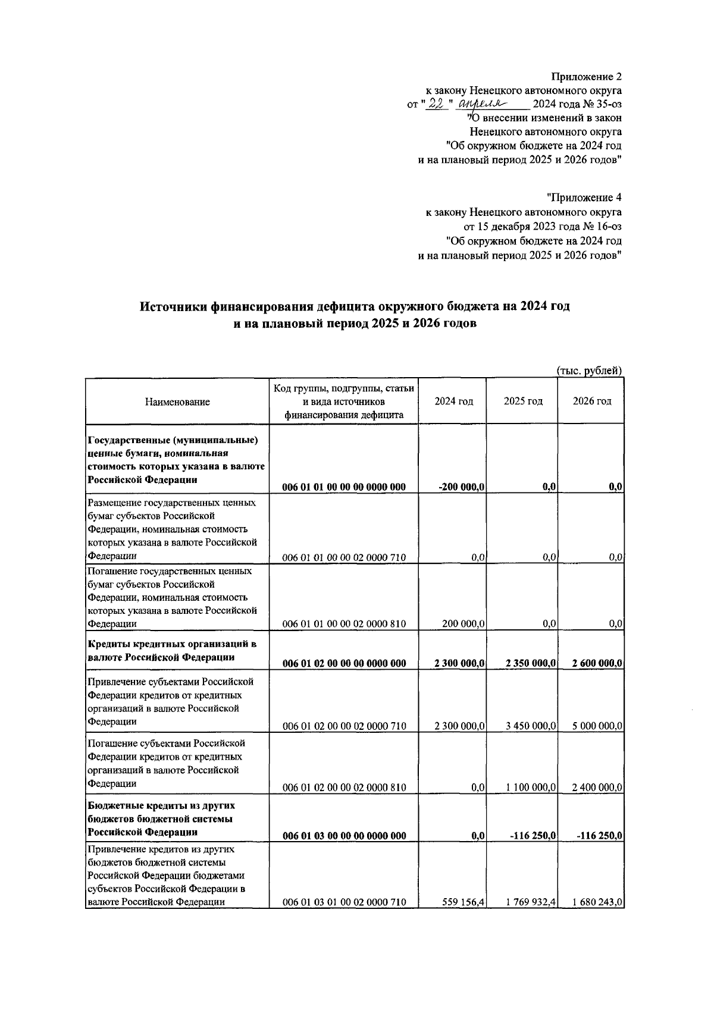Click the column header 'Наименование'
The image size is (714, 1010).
[x=177, y=402]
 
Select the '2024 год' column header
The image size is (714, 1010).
[x=453, y=402]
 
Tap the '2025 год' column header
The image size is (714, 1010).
[x=523, y=402]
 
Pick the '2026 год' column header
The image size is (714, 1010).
[x=591, y=402]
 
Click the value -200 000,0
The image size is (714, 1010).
[x=461, y=487]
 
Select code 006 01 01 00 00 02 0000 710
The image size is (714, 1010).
[x=344, y=558]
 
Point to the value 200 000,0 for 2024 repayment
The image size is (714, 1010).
[x=464, y=624]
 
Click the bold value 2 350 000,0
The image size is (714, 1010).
[x=531, y=664]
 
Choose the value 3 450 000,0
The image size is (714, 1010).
[x=531, y=726]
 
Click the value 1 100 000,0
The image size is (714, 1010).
[x=531, y=788]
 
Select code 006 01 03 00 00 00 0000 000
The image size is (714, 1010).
[x=344, y=836]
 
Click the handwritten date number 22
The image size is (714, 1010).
[x=437, y=104]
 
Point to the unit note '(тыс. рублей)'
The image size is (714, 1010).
[x=589, y=371]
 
